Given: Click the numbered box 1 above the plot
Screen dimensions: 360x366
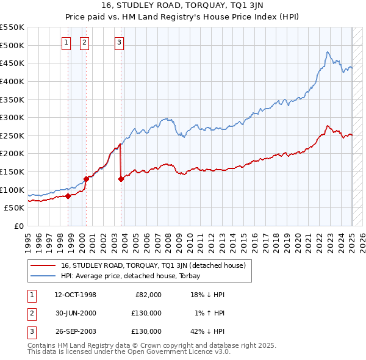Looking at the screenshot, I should tap(66, 42).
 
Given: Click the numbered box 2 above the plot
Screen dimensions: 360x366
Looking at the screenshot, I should tap(84, 42).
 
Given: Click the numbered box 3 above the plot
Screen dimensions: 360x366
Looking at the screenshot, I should tap(119, 42).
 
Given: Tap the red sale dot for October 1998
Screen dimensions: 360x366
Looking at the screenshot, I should tap(68, 196).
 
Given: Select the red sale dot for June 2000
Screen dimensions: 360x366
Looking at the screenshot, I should tap(86, 179).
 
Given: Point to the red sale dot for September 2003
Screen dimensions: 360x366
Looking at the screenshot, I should tap(121, 179).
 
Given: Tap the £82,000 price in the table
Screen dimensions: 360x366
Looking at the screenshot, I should tap(148, 295).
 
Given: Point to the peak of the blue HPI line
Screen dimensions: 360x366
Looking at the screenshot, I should tap(328, 52).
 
